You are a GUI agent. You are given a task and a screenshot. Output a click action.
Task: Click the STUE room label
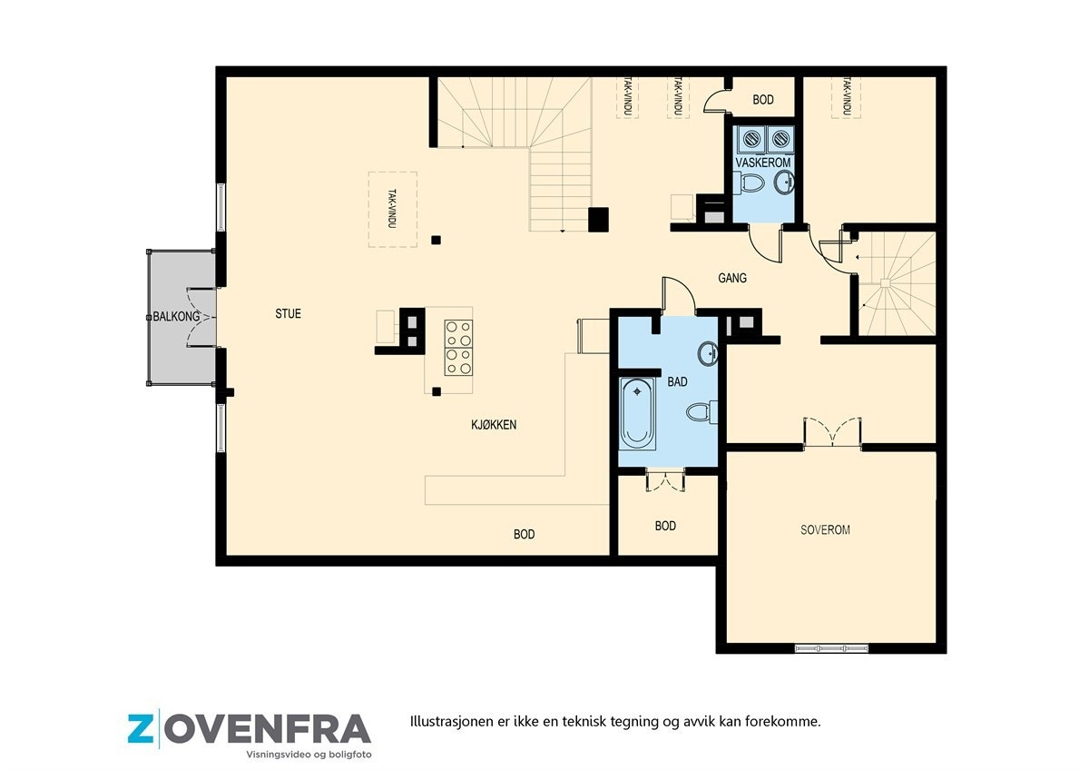(x=288, y=314)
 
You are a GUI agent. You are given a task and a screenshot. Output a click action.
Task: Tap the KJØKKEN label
(x=493, y=424)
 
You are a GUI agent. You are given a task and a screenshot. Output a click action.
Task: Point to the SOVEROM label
(x=825, y=529)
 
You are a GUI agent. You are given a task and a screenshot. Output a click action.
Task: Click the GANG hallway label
(x=732, y=278)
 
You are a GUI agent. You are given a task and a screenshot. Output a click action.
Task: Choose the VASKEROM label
(x=763, y=163)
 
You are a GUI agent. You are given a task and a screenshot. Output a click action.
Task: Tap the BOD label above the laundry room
(x=763, y=100)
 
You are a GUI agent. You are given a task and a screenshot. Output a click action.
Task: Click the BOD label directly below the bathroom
(x=665, y=526)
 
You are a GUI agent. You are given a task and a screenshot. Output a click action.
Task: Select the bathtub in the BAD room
(x=637, y=413)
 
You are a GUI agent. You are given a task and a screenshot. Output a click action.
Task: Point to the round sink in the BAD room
(x=708, y=352)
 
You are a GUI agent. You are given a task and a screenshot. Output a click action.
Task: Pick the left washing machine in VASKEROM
(x=751, y=139)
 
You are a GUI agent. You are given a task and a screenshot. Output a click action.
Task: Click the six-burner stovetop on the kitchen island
(x=457, y=347)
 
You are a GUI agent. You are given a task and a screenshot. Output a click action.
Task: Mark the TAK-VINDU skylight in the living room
(x=392, y=209)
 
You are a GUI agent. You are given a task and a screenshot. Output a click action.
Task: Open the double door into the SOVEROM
(x=831, y=433)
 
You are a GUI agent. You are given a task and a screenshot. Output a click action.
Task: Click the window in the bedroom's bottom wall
(x=831, y=648)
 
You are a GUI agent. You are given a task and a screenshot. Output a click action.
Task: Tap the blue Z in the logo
(x=141, y=729)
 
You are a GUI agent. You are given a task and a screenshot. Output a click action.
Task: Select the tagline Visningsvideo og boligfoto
(x=309, y=755)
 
